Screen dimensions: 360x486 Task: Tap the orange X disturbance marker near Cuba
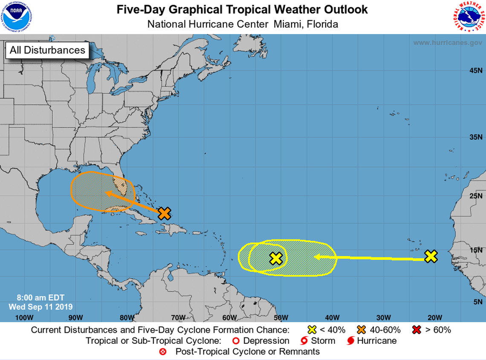164,213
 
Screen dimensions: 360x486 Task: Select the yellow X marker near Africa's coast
431,256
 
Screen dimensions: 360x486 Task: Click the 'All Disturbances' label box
47,50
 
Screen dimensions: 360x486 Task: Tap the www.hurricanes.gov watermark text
448,43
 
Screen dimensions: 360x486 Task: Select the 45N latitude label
475,70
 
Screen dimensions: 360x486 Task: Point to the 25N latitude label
475,196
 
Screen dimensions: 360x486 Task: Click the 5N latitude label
477,302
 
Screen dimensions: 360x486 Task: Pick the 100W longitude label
24,317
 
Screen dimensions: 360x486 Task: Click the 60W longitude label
229,317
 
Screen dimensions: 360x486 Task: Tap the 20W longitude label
435,317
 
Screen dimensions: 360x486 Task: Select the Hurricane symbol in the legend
350,341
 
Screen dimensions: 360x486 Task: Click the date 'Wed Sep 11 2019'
40,307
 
